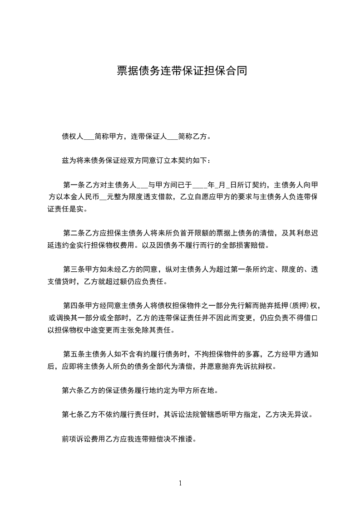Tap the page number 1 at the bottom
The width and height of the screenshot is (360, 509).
tap(180, 483)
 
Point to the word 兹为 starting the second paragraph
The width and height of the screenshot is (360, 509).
tap(67, 161)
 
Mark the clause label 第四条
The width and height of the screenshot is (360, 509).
tap(74, 307)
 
